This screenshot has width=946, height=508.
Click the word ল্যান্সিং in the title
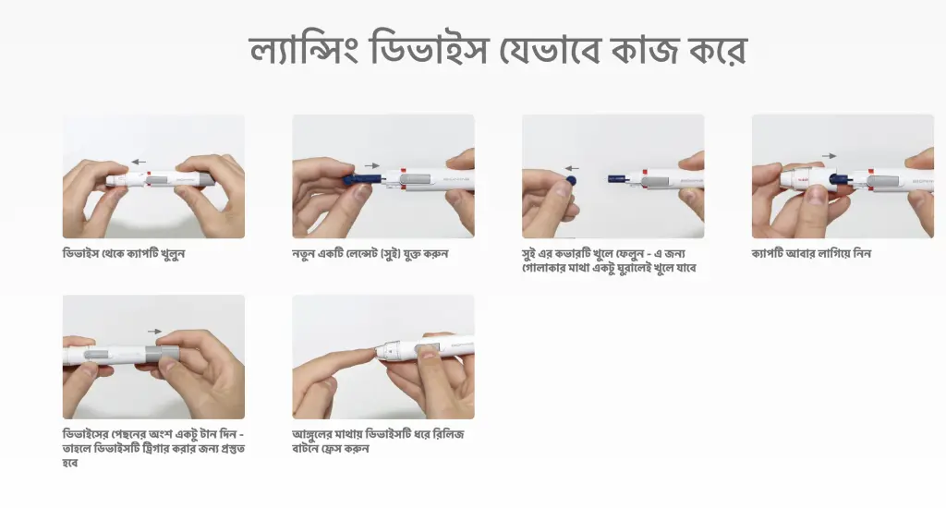(303, 50)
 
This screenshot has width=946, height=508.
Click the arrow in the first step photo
(139, 162)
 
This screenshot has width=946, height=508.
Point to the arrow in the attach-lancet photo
(372, 165)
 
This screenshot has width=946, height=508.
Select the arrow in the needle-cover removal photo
(572, 169)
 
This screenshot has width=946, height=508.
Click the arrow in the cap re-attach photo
(830, 156)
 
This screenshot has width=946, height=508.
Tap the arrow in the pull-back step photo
(155, 332)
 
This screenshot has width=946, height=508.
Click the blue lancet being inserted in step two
(362, 180)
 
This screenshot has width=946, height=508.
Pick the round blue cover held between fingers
(571, 180)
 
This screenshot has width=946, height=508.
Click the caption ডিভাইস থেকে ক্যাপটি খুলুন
(124, 254)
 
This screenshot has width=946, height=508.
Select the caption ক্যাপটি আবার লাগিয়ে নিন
(811, 254)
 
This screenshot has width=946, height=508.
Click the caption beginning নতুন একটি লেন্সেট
(370, 254)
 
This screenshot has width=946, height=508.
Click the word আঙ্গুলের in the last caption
(314, 434)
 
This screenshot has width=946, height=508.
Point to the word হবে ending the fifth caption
(70, 464)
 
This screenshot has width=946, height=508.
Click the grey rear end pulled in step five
(163, 354)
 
